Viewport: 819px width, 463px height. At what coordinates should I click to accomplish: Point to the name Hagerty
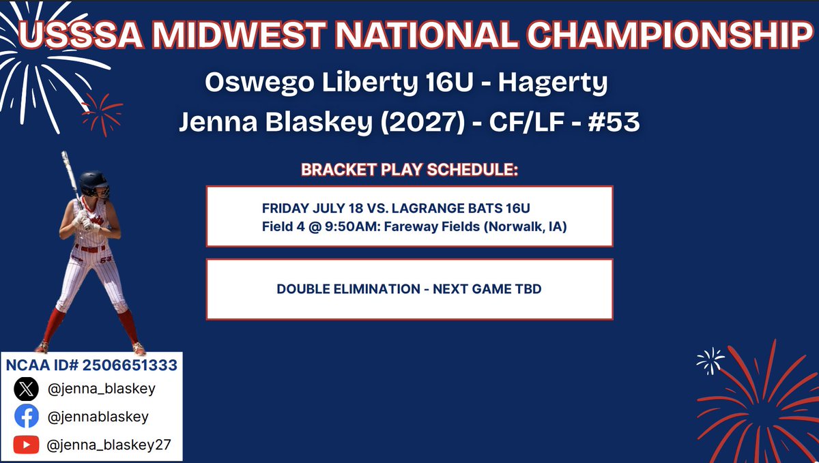click(552, 83)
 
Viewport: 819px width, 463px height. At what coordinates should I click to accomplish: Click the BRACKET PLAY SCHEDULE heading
click(409, 170)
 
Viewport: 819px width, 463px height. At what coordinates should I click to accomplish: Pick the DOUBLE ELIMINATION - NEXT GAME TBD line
click(409, 289)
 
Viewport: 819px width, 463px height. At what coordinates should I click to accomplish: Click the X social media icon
click(26, 389)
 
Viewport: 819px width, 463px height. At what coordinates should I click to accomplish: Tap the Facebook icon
click(26, 417)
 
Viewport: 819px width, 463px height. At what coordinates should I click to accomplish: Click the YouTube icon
click(26, 445)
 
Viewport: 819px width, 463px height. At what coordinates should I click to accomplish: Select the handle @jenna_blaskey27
click(109, 445)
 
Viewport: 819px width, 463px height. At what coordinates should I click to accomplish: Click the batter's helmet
click(94, 181)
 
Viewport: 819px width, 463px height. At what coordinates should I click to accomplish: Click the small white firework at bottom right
click(709, 361)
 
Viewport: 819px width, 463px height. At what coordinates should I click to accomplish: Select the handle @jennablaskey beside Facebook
click(98, 417)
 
